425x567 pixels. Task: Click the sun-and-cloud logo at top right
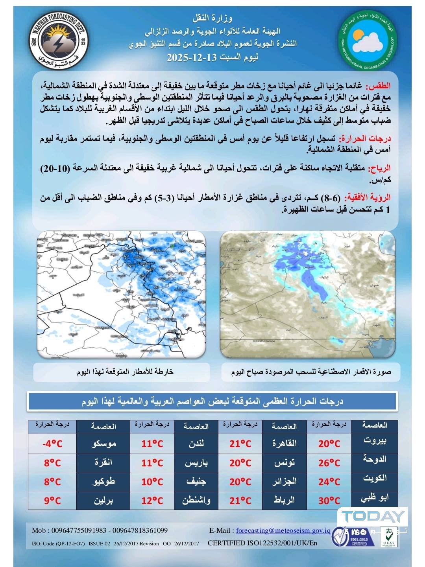click(x=368, y=42)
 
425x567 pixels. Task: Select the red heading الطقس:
click(x=379, y=86)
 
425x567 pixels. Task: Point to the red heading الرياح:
click(x=379, y=169)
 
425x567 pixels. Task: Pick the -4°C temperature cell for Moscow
click(x=52, y=444)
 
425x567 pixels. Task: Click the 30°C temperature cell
click(x=329, y=501)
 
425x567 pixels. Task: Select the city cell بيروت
click(x=375, y=440)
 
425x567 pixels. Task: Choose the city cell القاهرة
click(x=285, y=444)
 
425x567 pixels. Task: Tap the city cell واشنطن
click(x=196, y=501)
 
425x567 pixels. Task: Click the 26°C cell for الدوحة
click(x=329, y=463)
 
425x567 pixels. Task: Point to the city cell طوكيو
click(x=103, y=482)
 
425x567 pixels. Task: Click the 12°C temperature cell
click(x=152, y=501)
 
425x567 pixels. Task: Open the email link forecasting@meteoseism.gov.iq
click(x=283, y=530)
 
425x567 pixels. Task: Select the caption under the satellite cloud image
click(x=311, y=372)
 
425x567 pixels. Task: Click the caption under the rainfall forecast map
click(x=125, y=372)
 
